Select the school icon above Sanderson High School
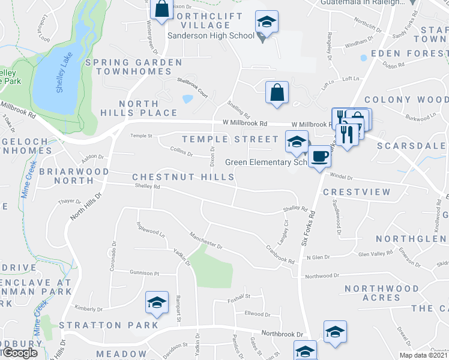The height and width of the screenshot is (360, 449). [264, 23]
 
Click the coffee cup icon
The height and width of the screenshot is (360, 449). [319, 157]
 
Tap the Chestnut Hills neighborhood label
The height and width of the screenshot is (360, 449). [183, 177]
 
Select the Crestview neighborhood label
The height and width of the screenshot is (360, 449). [357, 192]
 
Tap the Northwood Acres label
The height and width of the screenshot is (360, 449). [382, 293]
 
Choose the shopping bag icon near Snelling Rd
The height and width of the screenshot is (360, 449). [277, 93]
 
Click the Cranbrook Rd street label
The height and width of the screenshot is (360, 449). [279, 254]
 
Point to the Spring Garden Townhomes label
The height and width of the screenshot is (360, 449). [134, 67]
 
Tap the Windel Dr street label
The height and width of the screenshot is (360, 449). [341, 177]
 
